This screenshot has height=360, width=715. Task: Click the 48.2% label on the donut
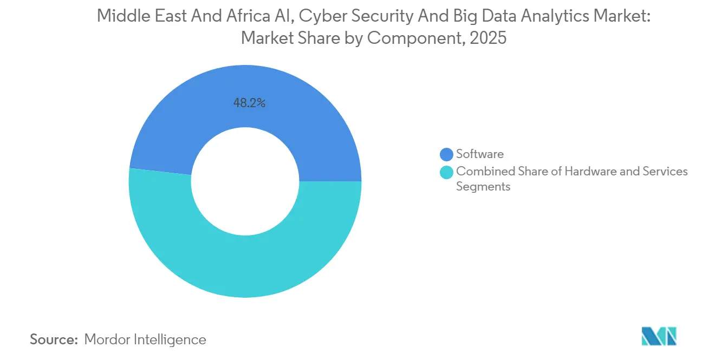point(249,103)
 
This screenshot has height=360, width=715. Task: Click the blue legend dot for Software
point(447,155)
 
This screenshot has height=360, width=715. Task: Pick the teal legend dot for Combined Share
point(447,173)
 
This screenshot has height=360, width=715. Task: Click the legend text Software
point(480,154)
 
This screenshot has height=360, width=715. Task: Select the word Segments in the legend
point(483,187)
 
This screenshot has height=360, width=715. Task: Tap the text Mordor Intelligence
point(145,340)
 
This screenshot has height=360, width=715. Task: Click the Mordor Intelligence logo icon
point(659,336)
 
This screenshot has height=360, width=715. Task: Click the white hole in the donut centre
point(245,181)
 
